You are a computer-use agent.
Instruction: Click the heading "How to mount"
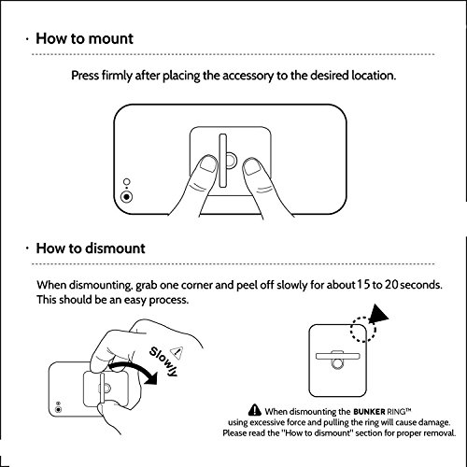point(84,39)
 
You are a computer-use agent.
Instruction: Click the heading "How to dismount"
point(91,248)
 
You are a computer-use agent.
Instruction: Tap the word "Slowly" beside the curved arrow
point(163,361)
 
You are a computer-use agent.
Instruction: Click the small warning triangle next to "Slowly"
point(177,352)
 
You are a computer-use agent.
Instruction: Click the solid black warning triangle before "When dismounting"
point(255,410)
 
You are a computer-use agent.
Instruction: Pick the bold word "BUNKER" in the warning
point(369,412)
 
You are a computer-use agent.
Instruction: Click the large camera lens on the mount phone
point(127,197)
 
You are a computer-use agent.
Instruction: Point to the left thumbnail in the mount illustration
point(208,163)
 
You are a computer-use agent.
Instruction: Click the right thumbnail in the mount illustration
point(252,166)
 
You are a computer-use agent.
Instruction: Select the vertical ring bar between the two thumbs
point(222,161)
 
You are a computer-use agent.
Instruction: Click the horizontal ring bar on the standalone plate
point(338,356)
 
